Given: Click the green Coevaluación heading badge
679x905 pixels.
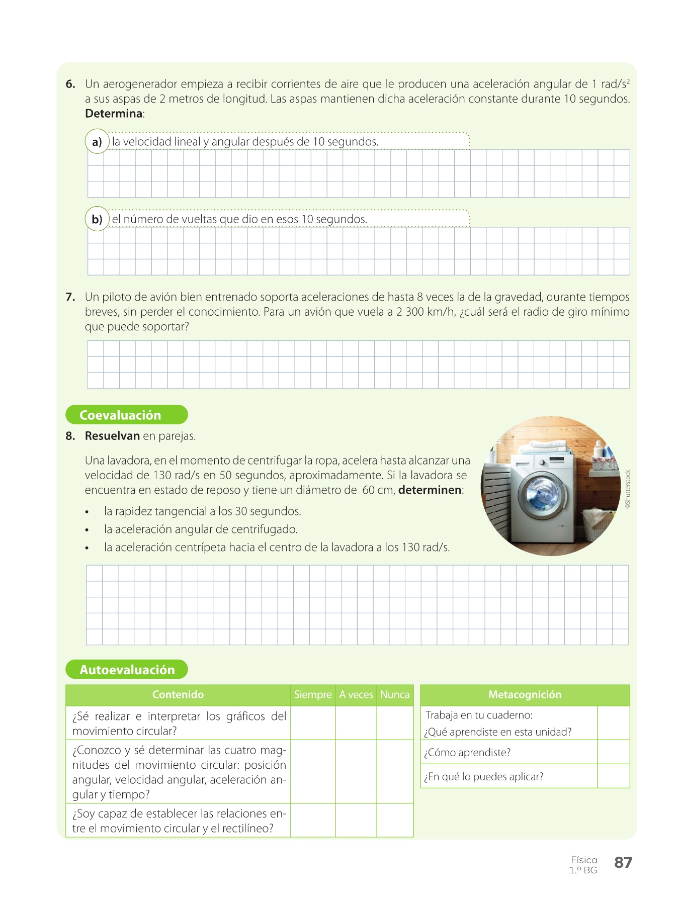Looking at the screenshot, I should [126, 415].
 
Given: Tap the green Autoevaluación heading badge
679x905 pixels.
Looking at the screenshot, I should [126, 670].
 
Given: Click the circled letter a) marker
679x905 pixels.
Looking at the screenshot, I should [97, 142].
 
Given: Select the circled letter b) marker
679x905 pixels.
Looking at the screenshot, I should [97, 219].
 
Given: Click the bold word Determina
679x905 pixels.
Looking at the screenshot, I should [114, 114].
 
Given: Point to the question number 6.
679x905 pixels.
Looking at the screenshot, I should [70, 84].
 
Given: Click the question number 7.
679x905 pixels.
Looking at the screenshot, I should [70, 297].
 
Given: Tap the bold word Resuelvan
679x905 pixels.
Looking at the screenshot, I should [112, 436].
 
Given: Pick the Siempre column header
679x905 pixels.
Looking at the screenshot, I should [313, 695].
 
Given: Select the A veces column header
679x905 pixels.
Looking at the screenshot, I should [356, 695].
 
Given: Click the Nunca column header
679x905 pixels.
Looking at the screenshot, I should [395, 695].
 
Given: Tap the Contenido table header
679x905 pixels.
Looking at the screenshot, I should [178, 695].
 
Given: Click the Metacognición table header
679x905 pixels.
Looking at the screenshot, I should [525, 695].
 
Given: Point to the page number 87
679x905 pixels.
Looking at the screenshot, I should [623, 863].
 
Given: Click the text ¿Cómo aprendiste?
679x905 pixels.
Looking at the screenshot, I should [467, 753].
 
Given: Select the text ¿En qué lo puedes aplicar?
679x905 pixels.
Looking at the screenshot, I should [483, 777].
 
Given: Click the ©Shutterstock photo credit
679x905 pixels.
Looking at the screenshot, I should [627, 490].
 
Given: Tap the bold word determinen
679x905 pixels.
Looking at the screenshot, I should [430, 490].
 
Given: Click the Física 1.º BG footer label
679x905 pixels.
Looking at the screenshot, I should [583, 865].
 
